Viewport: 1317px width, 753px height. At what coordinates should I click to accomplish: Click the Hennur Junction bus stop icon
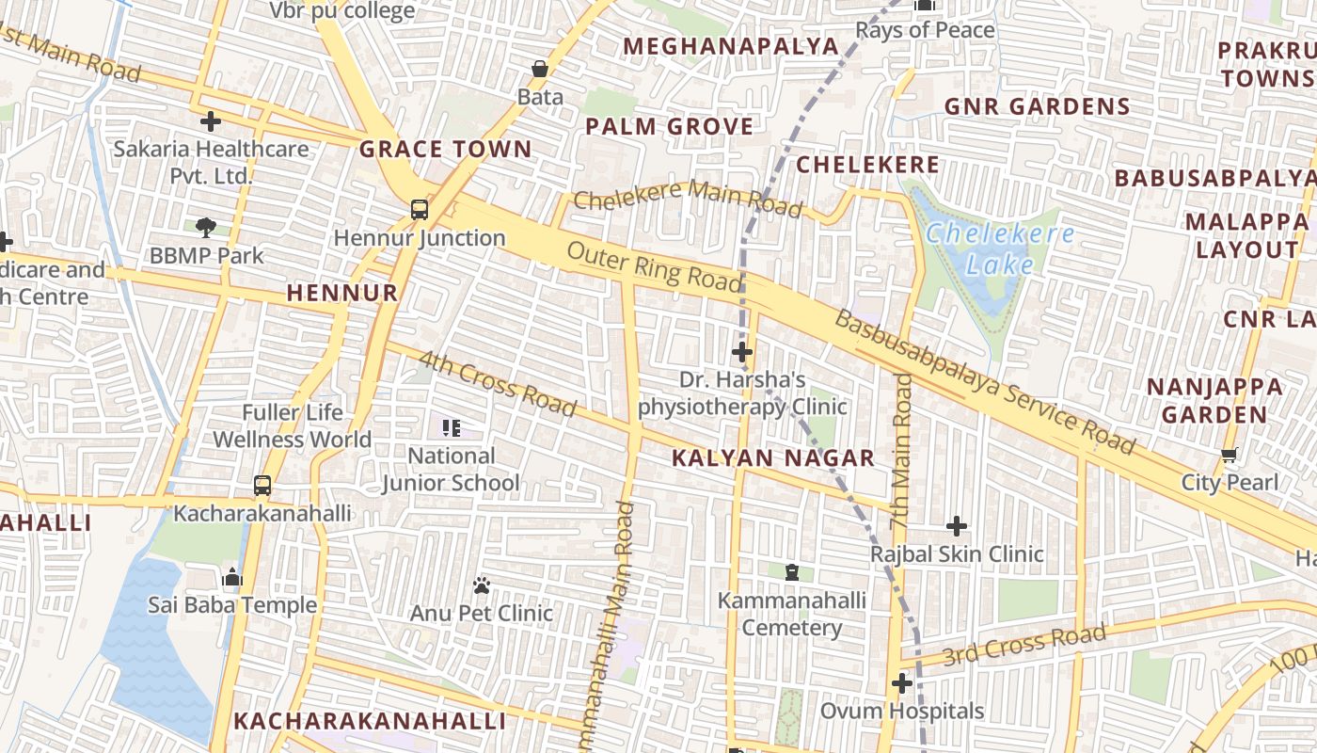point(420,210)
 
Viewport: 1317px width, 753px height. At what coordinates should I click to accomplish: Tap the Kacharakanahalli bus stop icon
point(262,486)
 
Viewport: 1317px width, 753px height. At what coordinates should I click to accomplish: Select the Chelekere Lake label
point(999,249)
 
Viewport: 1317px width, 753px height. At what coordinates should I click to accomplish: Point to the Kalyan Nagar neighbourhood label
point(773,458)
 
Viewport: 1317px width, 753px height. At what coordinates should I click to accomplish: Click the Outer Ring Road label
point(655,267)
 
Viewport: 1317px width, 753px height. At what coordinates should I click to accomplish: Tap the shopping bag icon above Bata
point(540,69)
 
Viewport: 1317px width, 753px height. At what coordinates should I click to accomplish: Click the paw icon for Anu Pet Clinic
point(482,585)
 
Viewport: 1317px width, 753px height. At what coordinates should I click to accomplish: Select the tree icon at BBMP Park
point(206,227)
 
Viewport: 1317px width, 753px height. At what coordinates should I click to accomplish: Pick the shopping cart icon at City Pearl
point(1229,456)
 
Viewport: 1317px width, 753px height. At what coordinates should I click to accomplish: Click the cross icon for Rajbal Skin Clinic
point(957,525)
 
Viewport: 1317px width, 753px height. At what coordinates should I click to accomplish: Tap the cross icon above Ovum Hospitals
point(902,682)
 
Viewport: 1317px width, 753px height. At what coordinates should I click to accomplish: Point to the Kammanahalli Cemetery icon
point(792,572)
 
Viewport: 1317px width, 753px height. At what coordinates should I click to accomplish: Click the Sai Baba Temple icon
point(231,577)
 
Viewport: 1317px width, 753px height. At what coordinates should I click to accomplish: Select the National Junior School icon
point(451,428)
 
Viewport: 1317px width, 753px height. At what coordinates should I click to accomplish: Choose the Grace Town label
point(445,149)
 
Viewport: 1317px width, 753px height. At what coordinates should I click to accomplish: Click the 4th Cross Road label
point(497,384)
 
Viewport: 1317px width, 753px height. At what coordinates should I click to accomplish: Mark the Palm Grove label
point(669,126)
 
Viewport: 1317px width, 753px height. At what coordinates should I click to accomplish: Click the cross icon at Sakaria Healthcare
point(211,120)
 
